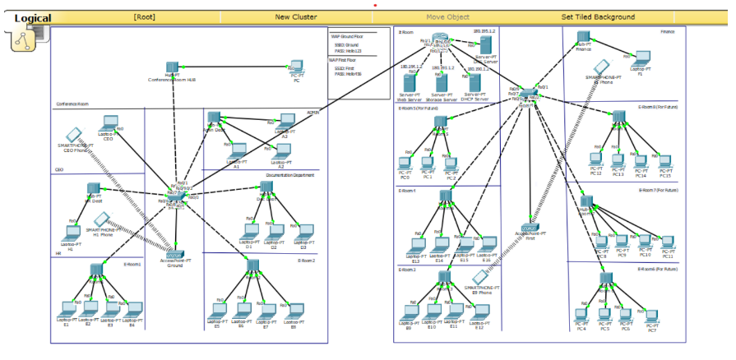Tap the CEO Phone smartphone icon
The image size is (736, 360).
(x=75, y=134)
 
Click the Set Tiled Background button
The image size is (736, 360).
(x=598, y=16)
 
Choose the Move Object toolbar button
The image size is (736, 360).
(x=448, y=16)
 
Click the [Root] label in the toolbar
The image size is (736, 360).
(x=144, y=16)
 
